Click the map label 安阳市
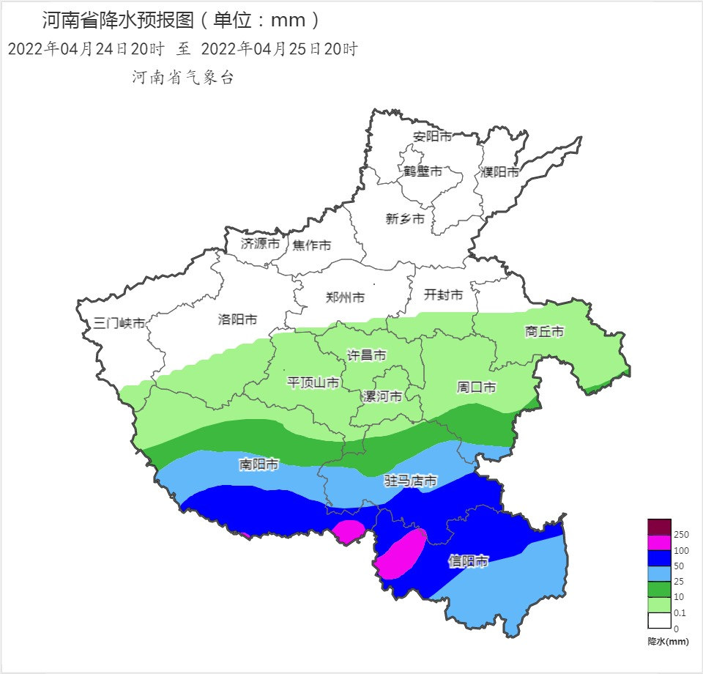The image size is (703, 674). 432,136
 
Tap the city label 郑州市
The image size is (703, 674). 345,297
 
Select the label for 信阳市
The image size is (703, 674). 468,562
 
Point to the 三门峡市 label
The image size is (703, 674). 119,323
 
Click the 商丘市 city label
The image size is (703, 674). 545,332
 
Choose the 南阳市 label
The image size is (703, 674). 258,464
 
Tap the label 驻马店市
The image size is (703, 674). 411,481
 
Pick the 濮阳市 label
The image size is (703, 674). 499,172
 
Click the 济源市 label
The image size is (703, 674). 260,243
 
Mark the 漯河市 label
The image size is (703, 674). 382,396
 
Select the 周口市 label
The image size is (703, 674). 477,387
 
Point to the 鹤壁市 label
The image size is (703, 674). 423,171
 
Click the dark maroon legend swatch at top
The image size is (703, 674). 659,527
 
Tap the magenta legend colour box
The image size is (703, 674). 659,542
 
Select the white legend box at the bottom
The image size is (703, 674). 659,621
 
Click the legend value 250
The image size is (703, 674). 680,535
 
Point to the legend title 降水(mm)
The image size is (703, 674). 668,641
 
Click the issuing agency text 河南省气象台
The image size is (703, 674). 183,78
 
